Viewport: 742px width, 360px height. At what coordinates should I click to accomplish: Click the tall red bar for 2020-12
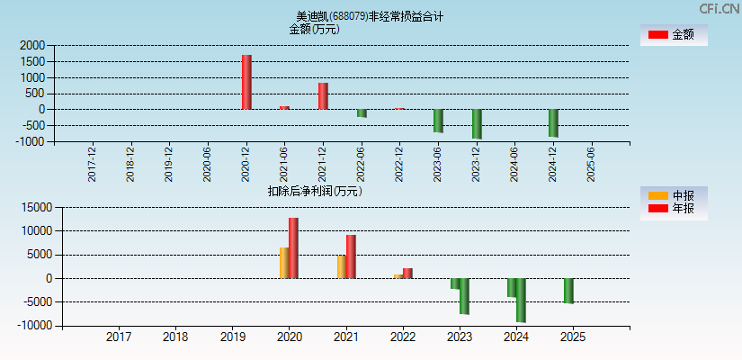pyautogui.click(x=246, y=82)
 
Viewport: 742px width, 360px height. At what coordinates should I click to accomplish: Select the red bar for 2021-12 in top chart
pyautogui.click(x=323, y=96)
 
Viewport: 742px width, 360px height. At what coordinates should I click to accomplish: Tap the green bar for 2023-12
pyautogui.click(x=477, y=123)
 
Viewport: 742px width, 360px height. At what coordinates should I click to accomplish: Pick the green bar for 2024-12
pyautogui.click(x=553, y=122)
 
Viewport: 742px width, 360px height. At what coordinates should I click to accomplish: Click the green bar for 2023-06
pyautogui.click(x=438, y=121)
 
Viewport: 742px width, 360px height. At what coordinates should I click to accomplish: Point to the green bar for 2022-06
pyautogui.click(x=362, y=113)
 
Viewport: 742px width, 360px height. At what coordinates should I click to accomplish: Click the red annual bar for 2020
pyautogui.click(x=293, y=247)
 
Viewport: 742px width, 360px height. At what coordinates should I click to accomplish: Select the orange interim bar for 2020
pyautogui.click(x=284, y=263)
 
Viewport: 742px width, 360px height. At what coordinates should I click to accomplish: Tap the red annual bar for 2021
pyautogui.click(x=351, y=256)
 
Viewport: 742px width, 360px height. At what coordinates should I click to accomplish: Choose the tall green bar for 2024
pyautogui.click(x=521, y=300)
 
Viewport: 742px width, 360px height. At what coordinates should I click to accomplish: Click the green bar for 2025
pyautogui.click(x=568, y=291)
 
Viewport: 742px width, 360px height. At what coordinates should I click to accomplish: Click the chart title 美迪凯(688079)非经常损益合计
pyautogui.click(x=370, y=16)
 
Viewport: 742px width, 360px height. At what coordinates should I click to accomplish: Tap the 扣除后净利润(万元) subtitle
pyautogui.click(x=315, y=191)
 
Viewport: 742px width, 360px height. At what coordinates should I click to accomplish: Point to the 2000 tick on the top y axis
pyautogui.click(x=32, y=45)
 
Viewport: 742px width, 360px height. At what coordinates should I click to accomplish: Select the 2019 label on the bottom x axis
pyautogui.click(x=232, y=337)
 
